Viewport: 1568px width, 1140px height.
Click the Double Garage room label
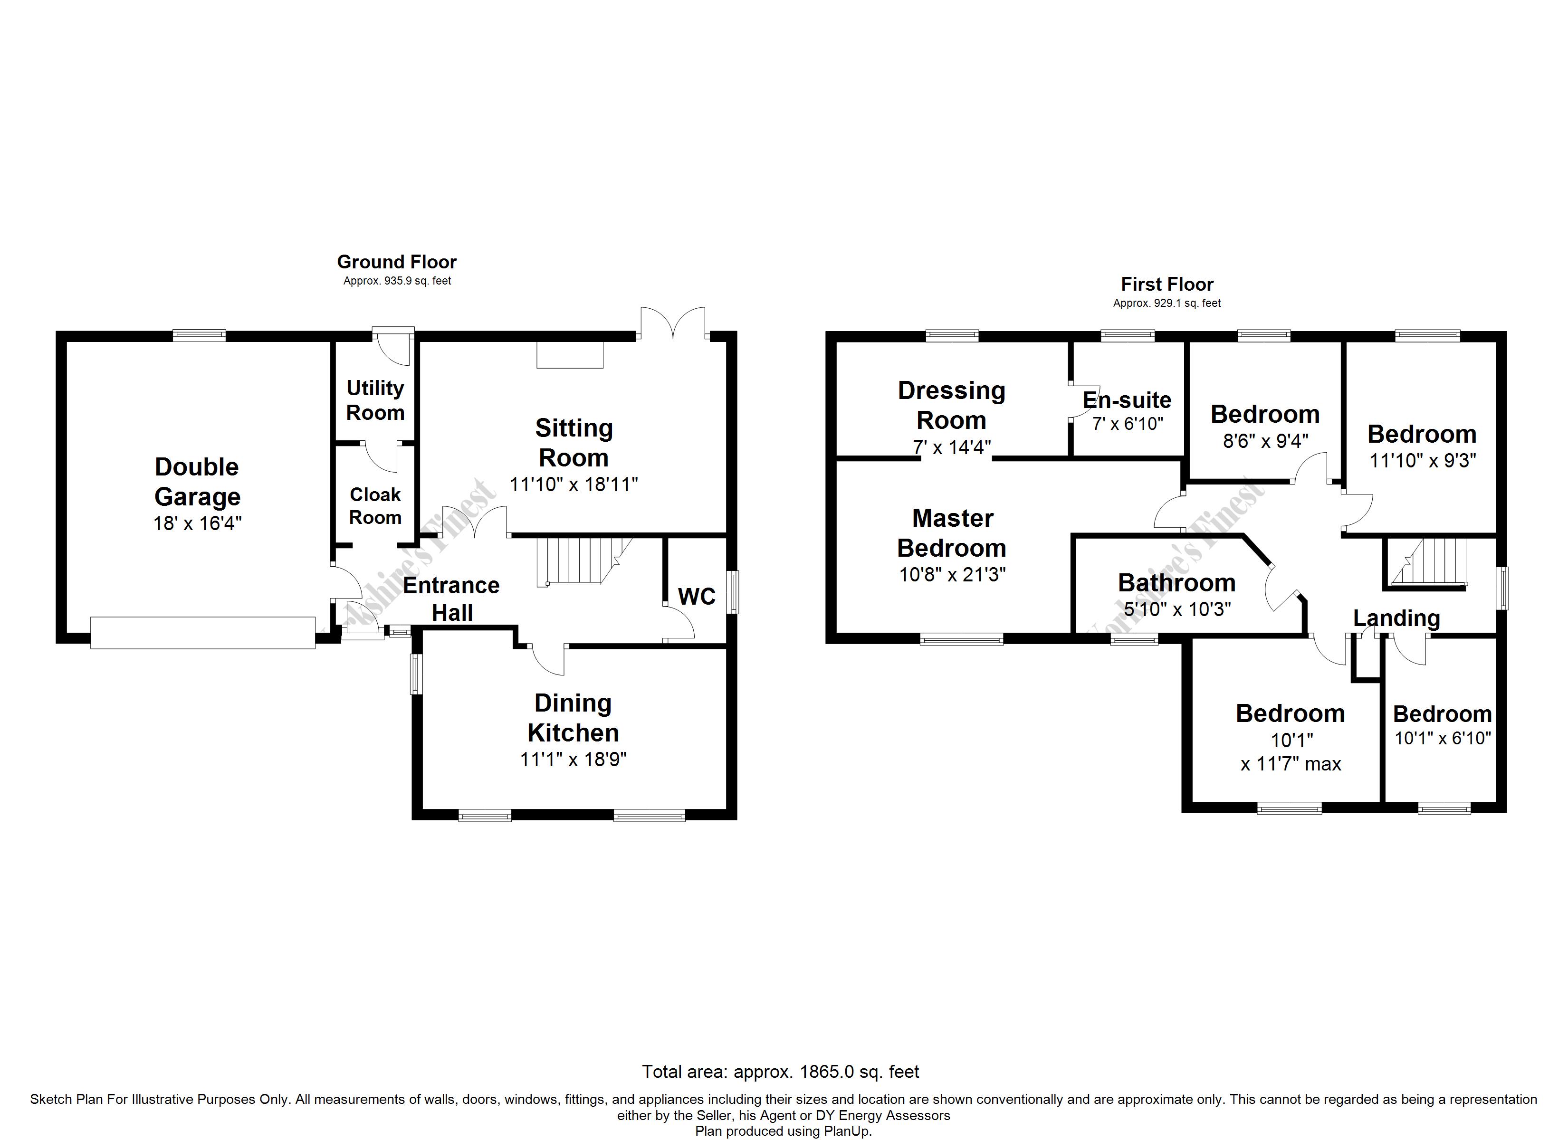[197, 482]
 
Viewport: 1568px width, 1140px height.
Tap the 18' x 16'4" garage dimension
[197, 523]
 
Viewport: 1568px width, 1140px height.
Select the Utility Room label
[375, 400]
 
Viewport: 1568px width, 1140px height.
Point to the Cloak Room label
[375, 506]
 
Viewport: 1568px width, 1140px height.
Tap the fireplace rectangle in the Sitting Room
[570, 355]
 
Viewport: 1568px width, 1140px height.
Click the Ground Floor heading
[397, 262]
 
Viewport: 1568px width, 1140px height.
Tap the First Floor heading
[1167, 284]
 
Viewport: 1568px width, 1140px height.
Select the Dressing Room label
[951, 405]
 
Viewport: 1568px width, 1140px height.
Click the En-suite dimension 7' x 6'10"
[1128, 424]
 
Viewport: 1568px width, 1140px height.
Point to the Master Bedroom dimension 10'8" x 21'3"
[952, 574]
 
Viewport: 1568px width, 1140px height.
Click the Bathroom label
[1176, 583]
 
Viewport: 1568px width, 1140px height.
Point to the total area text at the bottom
[781, 1072]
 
